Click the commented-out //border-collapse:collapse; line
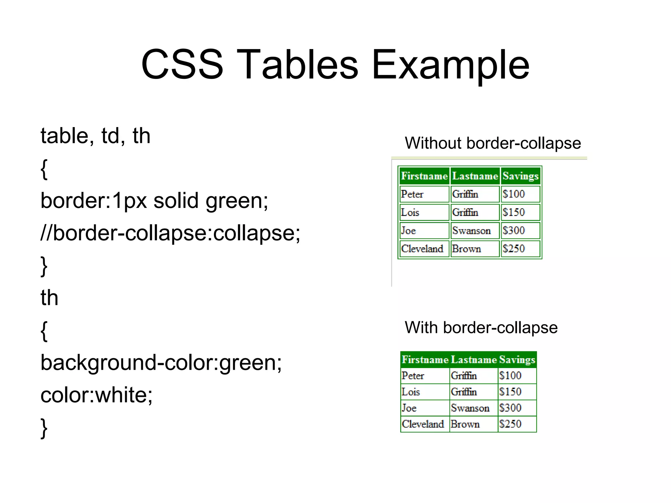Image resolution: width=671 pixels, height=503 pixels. click(170, 233)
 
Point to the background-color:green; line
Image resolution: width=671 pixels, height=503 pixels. click(161, 363)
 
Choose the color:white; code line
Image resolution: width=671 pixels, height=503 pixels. click(96, 395)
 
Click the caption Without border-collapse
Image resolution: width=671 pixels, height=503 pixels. click(493, 143)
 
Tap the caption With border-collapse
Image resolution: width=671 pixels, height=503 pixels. click(481, 327)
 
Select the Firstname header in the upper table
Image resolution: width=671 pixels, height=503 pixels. click(424, 176)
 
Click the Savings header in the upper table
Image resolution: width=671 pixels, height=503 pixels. click(520, 176)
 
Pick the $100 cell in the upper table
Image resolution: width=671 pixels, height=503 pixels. click(514, 194)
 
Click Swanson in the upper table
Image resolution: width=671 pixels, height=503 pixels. click(471, 231)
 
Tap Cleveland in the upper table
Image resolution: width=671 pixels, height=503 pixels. click(422, 249)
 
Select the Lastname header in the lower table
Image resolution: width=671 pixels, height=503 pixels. click(474, 360)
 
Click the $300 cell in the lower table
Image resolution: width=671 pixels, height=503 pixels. click(510, 408)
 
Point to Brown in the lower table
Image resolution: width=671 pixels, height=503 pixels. click(465, 424)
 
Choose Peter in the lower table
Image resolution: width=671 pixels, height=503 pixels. click(413, 376)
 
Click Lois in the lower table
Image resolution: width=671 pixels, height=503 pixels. click(411, 392)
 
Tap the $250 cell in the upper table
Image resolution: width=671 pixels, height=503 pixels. click(514, 249)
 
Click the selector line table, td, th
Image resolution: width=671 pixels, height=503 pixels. click(95, 136)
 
